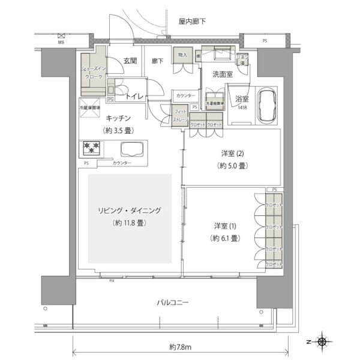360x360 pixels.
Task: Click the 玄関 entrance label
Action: pos(131,61)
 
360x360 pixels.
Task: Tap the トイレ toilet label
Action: pos(133,95)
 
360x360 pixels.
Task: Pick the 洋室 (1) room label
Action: pos(226,226)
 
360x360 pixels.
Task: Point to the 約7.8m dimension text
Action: pos(179,347)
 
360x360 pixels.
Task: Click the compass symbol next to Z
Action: pos(322,342)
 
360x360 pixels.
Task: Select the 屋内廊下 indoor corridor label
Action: pos(192,22)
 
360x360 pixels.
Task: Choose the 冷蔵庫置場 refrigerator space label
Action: pos(91,108)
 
